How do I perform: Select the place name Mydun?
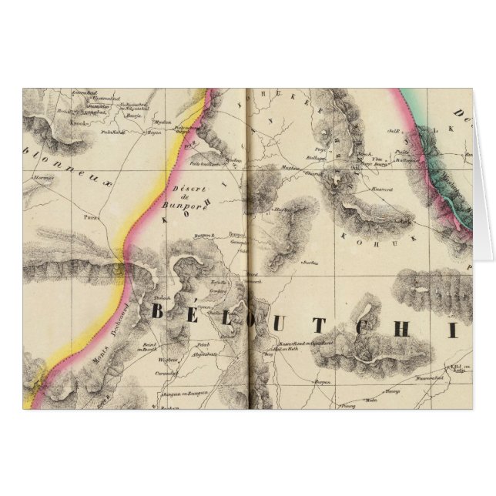pos(162,122)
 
